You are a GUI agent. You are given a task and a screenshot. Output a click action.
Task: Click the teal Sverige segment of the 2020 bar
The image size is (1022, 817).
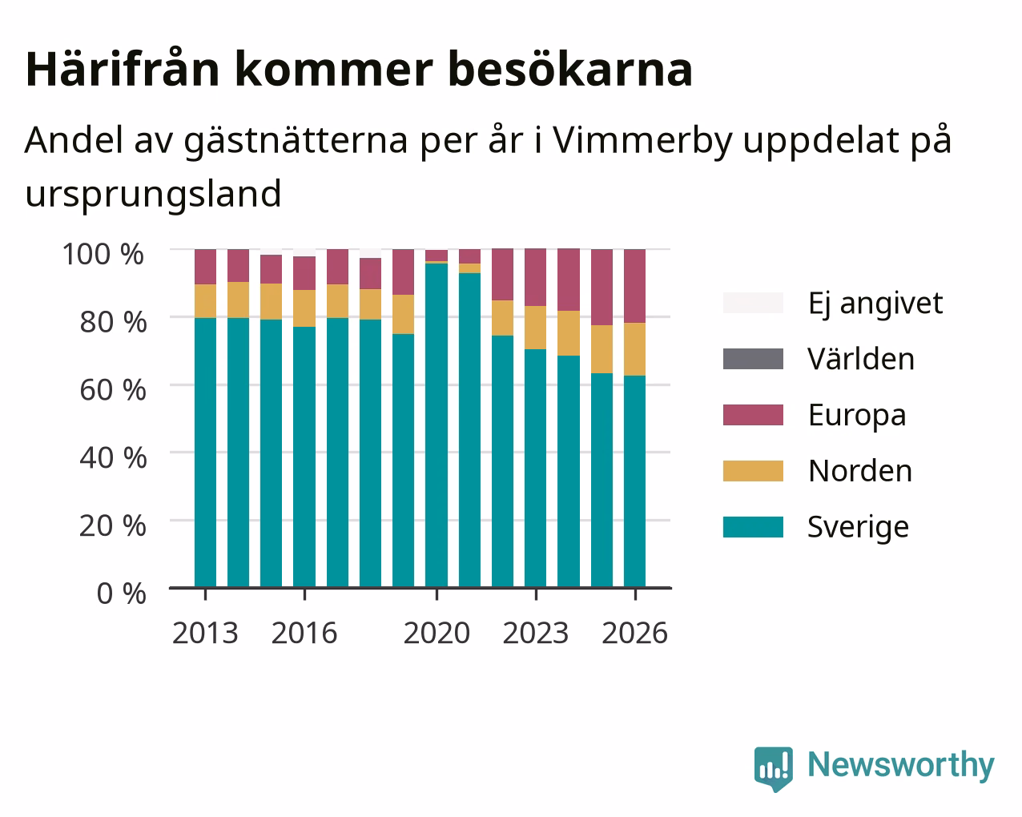(x=437, y=425)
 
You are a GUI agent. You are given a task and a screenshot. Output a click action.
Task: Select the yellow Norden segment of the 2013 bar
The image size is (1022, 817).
(x=205, y=301)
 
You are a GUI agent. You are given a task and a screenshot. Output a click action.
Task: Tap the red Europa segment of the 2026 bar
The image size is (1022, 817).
(x=634, y=286)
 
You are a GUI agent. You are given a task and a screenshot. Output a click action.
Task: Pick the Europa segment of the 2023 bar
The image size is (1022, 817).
(x=535, y=277)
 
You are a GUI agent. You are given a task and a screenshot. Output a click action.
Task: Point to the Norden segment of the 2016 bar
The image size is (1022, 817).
(x=304, y=308)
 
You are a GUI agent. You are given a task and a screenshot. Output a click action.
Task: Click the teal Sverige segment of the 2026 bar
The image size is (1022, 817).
(x=634, y=481)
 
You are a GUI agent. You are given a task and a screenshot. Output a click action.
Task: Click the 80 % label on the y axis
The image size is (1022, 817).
(x=113, y=322)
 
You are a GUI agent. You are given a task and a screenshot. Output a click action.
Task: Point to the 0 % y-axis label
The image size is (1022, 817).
(x=121, y=594)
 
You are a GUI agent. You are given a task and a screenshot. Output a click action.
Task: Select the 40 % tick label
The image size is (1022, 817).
(x=113, y=458)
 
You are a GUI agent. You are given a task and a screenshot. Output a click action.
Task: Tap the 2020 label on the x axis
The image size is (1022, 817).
(x=437, y=633)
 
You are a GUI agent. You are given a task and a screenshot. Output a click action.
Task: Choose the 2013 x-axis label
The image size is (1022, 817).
(x=205, y=633)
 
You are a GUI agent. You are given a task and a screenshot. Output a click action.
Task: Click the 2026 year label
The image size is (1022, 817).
(x=634, y=633)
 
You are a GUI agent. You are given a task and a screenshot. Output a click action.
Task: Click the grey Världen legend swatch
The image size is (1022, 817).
(x=753, y=359)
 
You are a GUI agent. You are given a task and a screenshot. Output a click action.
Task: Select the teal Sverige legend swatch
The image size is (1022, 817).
(x=753, y=527)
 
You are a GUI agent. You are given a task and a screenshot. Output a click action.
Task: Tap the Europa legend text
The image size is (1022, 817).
(x=857, y=416)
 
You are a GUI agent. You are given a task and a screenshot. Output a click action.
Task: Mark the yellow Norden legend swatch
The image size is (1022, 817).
(x=753, y=471)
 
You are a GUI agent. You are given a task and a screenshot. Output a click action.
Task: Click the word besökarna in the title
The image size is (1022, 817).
(x=570, y=70)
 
